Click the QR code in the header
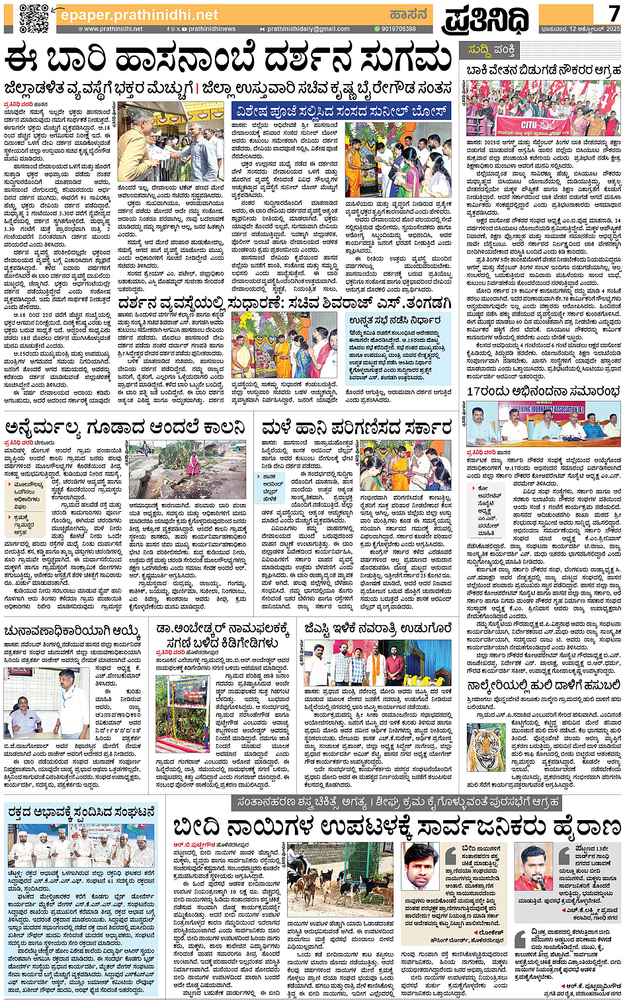point(33,18)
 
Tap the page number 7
point(613,13)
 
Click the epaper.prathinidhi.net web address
point(139,15)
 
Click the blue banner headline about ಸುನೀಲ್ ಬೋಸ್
point(341,110)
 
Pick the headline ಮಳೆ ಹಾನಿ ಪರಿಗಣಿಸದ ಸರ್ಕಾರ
point(356,428)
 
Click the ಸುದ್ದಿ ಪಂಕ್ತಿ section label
point(491,50)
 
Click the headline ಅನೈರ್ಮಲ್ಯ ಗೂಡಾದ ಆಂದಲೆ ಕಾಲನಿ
point(126,428)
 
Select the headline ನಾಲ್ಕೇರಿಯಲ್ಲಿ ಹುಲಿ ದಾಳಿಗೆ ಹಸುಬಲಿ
point(543,686)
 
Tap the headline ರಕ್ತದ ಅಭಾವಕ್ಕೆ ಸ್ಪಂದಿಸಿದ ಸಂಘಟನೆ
point(80,812)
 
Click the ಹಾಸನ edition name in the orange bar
point(407,14)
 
